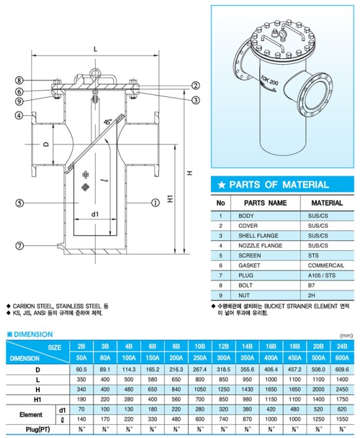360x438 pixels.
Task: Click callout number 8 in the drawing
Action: tap(20, 80)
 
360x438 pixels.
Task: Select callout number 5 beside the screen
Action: tap(20, 204)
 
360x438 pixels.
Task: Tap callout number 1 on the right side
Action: tap(155, 203)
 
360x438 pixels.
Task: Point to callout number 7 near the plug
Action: tap(20, 246)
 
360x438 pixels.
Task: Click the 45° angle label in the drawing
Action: tap(107, 120)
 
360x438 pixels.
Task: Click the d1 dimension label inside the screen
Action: tap(95, 213)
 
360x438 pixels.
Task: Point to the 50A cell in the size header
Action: tap(81, 358)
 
